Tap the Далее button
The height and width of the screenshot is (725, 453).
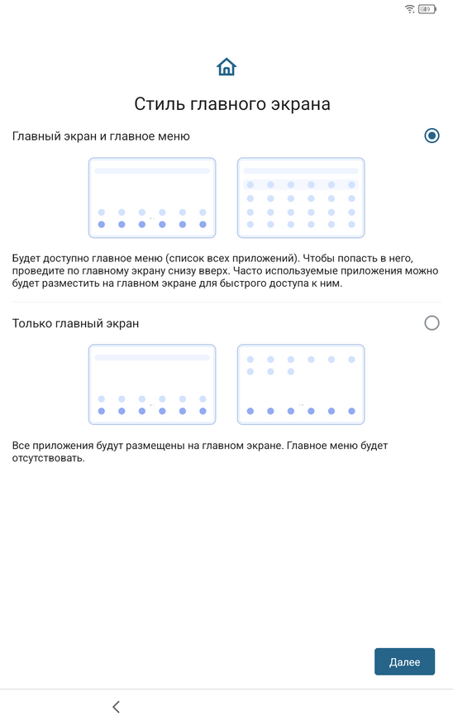[404, 661]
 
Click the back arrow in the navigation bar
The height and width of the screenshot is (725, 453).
[116, 707]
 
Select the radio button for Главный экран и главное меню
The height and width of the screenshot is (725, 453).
[432, 136]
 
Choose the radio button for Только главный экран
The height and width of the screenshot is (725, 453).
[432, 322]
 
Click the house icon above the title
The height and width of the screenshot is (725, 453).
[226, 67]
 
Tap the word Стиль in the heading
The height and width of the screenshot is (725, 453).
[160, 104]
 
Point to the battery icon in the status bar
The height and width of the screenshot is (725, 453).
[427, 9]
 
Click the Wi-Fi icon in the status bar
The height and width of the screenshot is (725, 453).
[409, 9]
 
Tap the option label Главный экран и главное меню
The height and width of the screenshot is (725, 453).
[101, 136]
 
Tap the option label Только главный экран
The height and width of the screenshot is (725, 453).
[75, 324]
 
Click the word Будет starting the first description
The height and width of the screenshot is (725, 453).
[26, 259]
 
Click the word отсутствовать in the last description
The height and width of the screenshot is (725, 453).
[48, 459]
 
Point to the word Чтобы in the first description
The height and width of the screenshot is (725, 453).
[318, 259]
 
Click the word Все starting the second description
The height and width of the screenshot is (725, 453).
[21, 446]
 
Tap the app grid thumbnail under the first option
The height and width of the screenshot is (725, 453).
[301, 198]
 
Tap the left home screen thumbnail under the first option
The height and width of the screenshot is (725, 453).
[152, 198]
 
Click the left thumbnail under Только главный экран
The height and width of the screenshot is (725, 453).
[152, 384]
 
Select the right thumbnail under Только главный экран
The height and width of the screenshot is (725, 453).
[301, 384]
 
